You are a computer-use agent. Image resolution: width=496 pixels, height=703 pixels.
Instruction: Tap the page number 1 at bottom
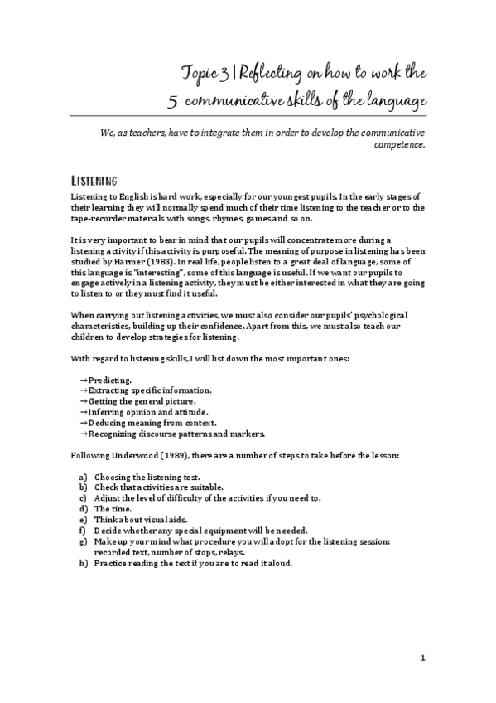pyautogui.click(x=423, y=658)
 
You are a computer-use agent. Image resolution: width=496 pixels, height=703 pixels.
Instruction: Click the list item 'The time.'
pyautogui.click(x=112, y=510)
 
